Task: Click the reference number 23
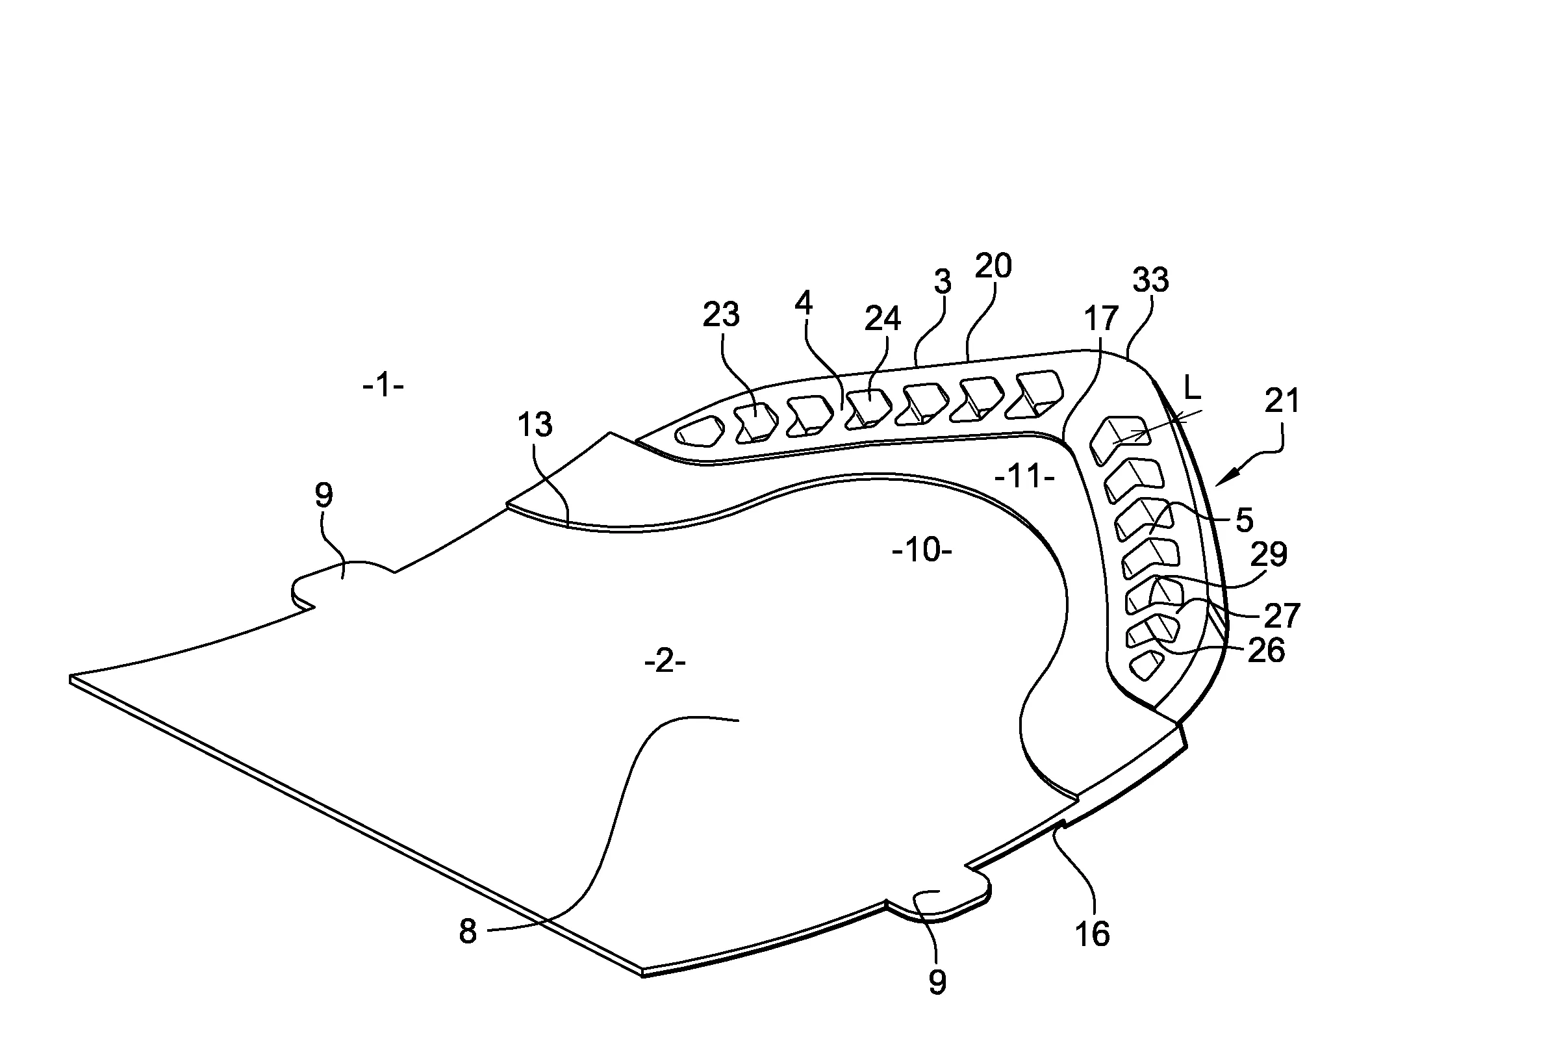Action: pos(721,314)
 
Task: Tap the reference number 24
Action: pos(883,319)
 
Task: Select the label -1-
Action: pos(383,386)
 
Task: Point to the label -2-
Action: pos(665,662)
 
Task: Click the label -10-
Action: pos(922,550)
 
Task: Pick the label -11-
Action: pos(1025,478)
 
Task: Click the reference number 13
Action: pos(535,424)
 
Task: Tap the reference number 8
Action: pos(468,932)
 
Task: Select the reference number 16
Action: pos(1093,934)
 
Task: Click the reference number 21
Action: pos(1282,401)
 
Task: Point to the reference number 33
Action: pos(1150,280)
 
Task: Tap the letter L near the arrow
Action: pos(1192,387)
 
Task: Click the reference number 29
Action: pos(1269,554)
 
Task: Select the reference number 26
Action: pos(1267,651)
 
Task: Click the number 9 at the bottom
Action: pos(937,982)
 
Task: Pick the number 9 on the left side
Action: pos(324,496)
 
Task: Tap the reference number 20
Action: pos(993,266)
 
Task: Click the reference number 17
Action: pos(1101,319)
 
